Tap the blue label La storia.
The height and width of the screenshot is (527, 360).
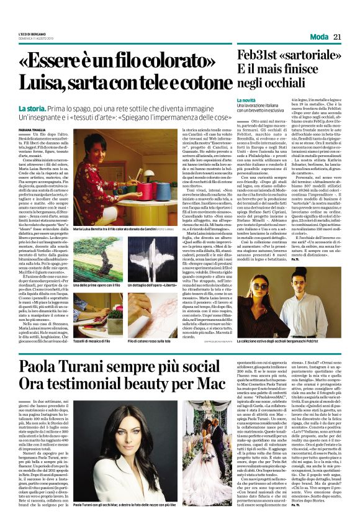pos(33,109)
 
